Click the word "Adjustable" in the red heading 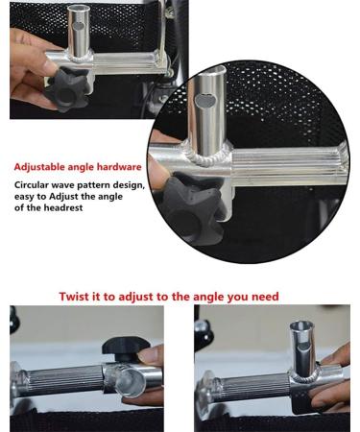[40, 166]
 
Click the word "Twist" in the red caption [76, 297]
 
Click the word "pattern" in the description [105, 184]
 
